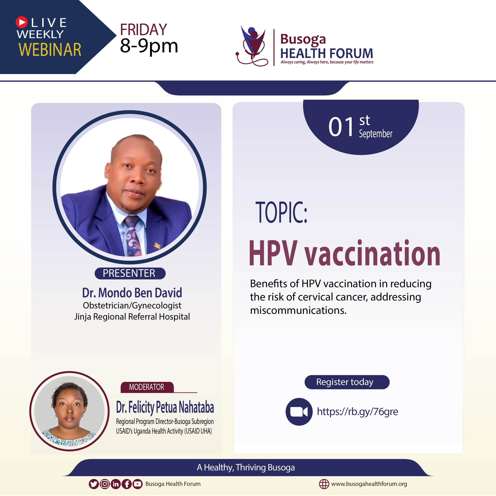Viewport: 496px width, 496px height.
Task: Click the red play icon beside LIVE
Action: click(x=22, y=22)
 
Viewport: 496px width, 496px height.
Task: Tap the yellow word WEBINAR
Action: click(x=50, y=50)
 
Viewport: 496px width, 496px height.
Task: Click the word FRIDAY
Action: click(x=144, y=29)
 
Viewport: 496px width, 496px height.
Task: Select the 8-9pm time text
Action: click(x=149, y=46)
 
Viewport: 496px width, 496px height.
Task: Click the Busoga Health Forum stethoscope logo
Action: click(x=252, y=46)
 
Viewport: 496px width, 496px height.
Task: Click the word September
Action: click(x=376, y=134)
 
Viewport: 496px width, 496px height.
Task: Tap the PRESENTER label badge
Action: click(x=130, y=273)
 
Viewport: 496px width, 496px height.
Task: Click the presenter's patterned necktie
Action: click(x=133, y=236)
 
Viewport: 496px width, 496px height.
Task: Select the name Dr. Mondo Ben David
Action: click(x=132, y=293)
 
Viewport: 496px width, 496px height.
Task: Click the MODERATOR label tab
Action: click(x=147, y=387)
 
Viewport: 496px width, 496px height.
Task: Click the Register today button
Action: click(x=347, y=382)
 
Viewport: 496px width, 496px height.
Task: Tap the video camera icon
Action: click(x=299, y=412)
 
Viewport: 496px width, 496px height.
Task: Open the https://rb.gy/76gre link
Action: click(x=357, y=412)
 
